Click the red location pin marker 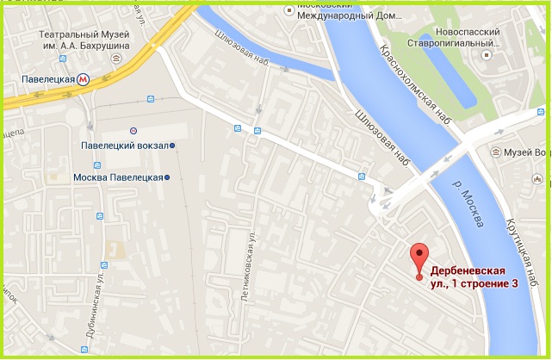[x=419, y=259]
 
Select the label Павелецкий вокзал [x=125, y=146]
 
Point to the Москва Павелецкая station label [x=118, y=177]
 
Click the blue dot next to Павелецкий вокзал [x=172, y=146]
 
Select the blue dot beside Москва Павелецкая [x=167, y=177]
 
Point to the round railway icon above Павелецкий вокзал [x=133, y=130]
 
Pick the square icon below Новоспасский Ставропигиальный [x=486, y=55]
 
